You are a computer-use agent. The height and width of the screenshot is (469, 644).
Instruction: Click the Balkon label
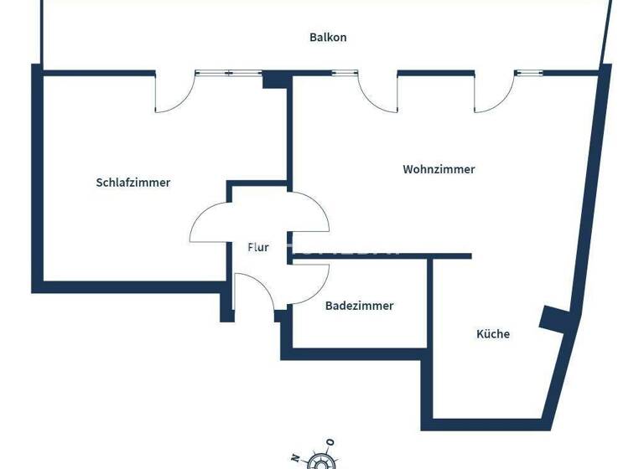328,38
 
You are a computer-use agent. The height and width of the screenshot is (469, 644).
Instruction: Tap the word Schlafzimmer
133,183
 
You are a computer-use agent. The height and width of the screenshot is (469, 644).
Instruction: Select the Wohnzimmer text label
439,169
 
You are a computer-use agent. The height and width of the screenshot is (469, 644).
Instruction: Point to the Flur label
257,247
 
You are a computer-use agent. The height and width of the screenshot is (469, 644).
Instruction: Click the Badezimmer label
359,306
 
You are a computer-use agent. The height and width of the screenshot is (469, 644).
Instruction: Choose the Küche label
493,334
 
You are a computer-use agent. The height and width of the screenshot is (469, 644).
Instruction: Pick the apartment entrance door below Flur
254,293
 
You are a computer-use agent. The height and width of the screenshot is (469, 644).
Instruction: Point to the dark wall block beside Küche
555,318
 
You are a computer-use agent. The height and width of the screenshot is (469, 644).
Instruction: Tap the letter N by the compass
294,457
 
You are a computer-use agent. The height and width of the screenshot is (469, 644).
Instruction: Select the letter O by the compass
330,442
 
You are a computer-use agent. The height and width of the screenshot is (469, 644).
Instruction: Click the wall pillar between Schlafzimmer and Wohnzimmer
275,80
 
